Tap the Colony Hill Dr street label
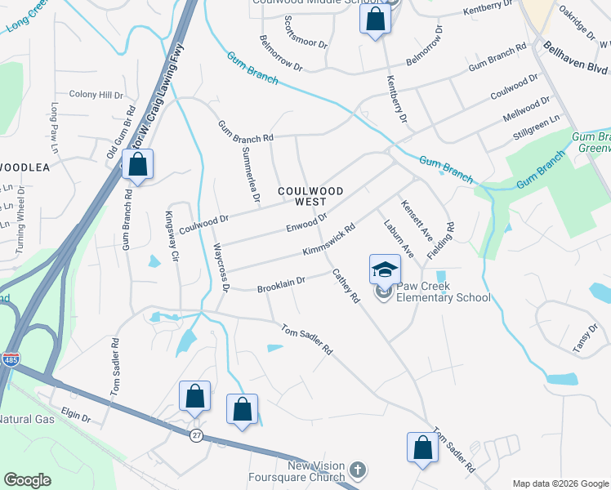point(95,95)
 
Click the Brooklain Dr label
point(281,285)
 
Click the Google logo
point(29,480)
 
